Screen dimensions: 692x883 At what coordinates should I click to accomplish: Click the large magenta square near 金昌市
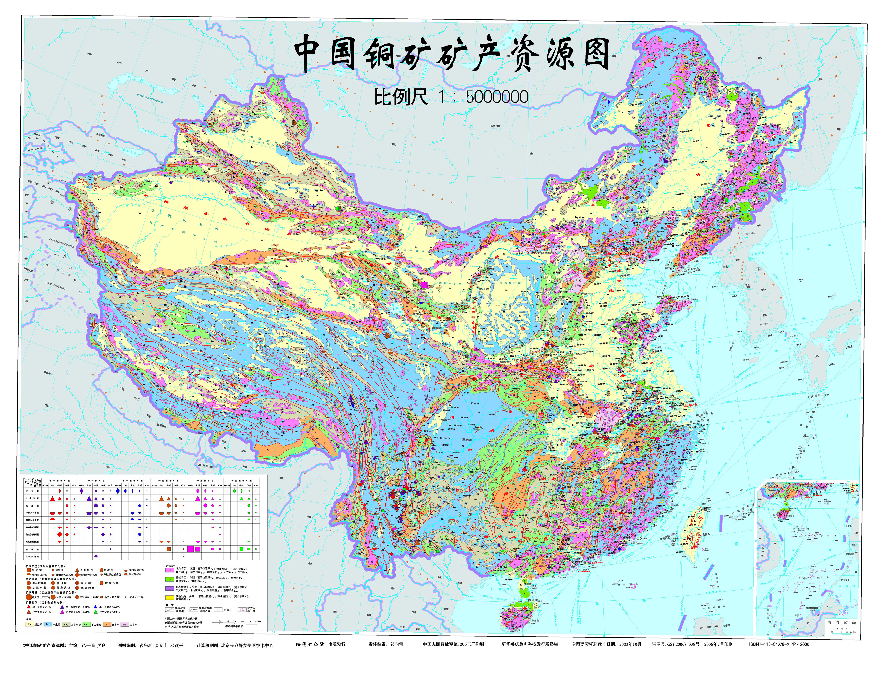pyautogui.click(x=424, y=285)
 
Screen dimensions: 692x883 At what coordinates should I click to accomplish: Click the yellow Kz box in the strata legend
pyautogui.click(x=29, y=624)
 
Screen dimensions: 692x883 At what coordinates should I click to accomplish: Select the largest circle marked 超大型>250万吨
pyautogui.click(x=29, y=597)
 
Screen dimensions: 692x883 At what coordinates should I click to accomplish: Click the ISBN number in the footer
pyautogui.click(x=779, y=644)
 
